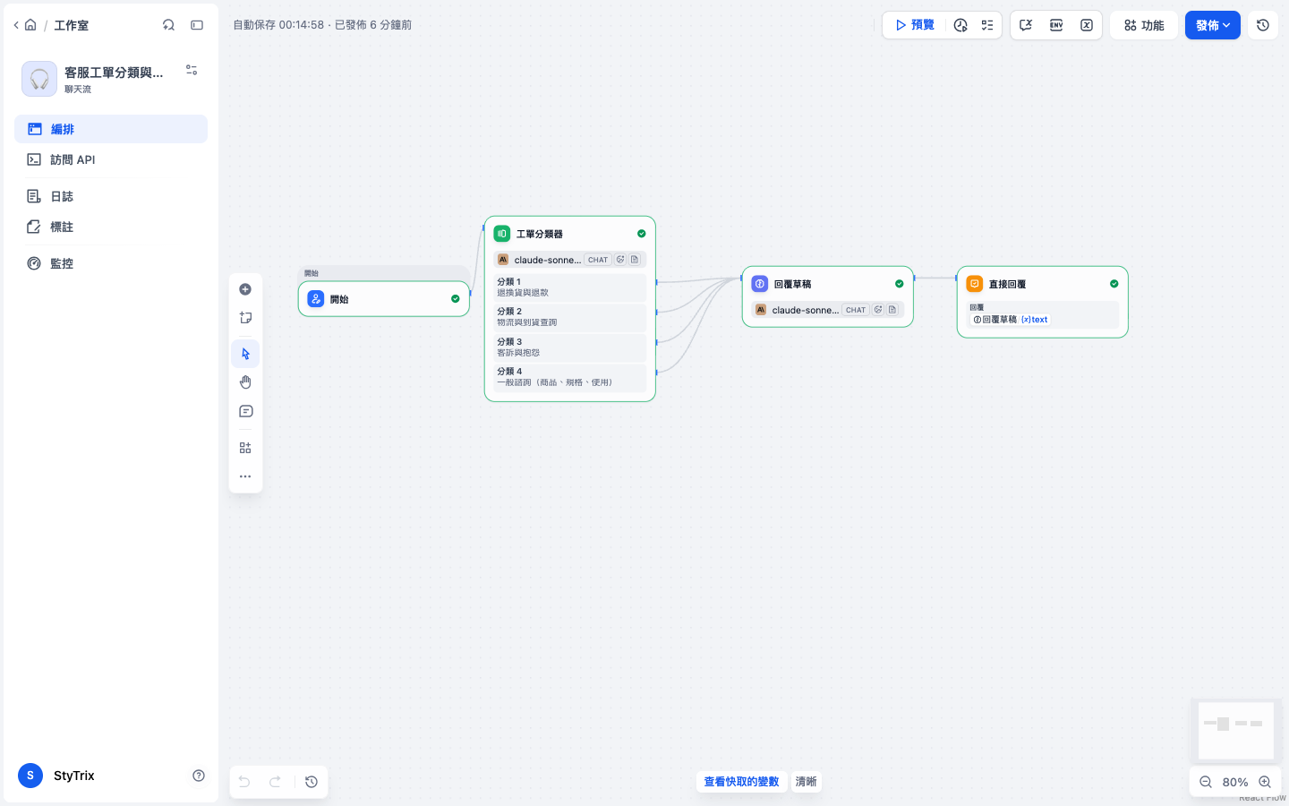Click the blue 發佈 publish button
[x=1212, y=25]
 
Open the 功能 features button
[x=1143, y=25]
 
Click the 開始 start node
[x=384, y=299]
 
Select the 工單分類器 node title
[x=539, y=234]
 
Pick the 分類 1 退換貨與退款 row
[x=569, y=287]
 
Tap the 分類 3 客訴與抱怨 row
[x=569, y=347]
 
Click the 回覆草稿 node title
[x=792, y=284]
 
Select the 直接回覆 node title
[x=1007, y=284]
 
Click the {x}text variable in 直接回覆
[x=1034, y=320]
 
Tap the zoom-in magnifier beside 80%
[x=1264, y=782]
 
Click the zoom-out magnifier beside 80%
[x=1206, y=782]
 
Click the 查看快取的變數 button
[x=741, y=781]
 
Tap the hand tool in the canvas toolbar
[x=245, y=382]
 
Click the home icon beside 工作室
[x=30, y=25]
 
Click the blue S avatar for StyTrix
[x=30, y=776]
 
